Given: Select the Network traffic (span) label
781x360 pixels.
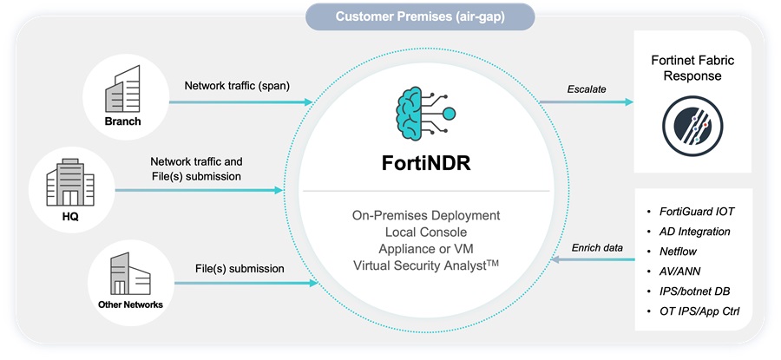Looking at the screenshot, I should pos(237,86).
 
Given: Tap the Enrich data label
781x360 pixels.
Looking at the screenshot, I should pos(597,248).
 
